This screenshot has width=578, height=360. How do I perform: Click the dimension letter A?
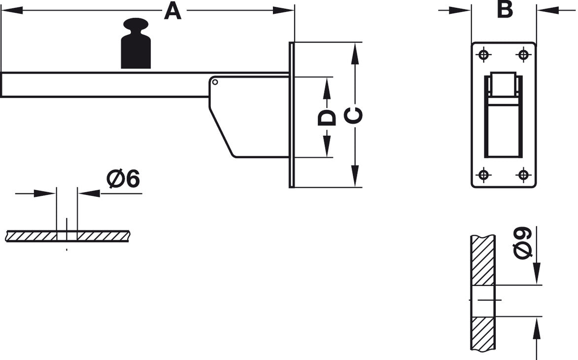172,11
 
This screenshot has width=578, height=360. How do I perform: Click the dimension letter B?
505,9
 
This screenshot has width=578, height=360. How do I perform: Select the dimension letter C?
353,115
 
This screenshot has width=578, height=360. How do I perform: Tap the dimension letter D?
327,117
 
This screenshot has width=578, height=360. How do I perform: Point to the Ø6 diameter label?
123,179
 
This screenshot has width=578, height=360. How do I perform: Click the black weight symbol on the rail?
136,43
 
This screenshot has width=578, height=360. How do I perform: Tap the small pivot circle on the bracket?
215,82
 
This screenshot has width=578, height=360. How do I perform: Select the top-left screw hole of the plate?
483,55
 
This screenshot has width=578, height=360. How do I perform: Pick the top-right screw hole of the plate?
523,55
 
